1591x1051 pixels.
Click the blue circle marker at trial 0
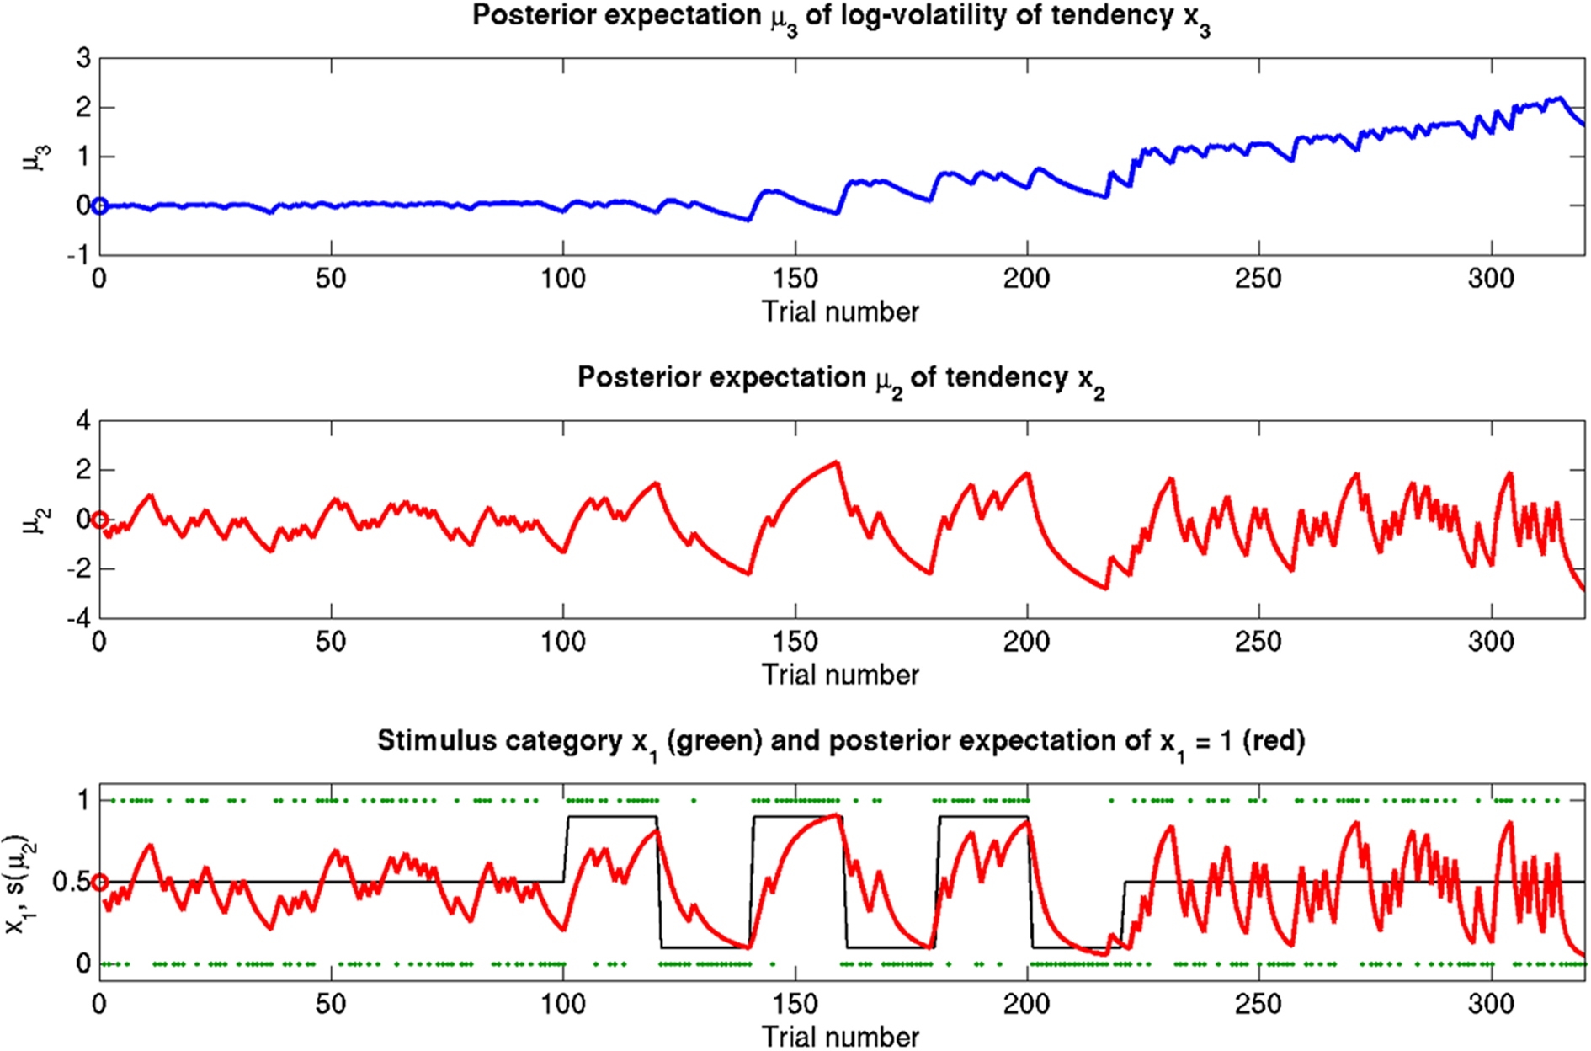[x=99, y=205]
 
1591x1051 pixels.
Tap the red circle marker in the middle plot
[x=99, y=520]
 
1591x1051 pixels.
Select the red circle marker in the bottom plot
[x=99, y=882]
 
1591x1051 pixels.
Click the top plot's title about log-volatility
[x=840, y=17]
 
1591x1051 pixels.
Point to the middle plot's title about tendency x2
[x=840, y=379]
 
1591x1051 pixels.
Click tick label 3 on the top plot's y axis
[x=82, y=59]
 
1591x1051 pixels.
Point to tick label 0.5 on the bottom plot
[x=71, y=882]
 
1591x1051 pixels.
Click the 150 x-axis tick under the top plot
[x=795, y=279]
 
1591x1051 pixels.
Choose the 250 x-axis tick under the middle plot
[x=1258, y=642]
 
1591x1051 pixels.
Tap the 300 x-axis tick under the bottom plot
[x=1490, y=1005]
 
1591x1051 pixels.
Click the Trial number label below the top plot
[x=840, y=312]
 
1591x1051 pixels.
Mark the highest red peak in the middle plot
[x=836, y=461]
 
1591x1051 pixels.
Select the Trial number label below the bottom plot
[x=840, y=1037]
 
